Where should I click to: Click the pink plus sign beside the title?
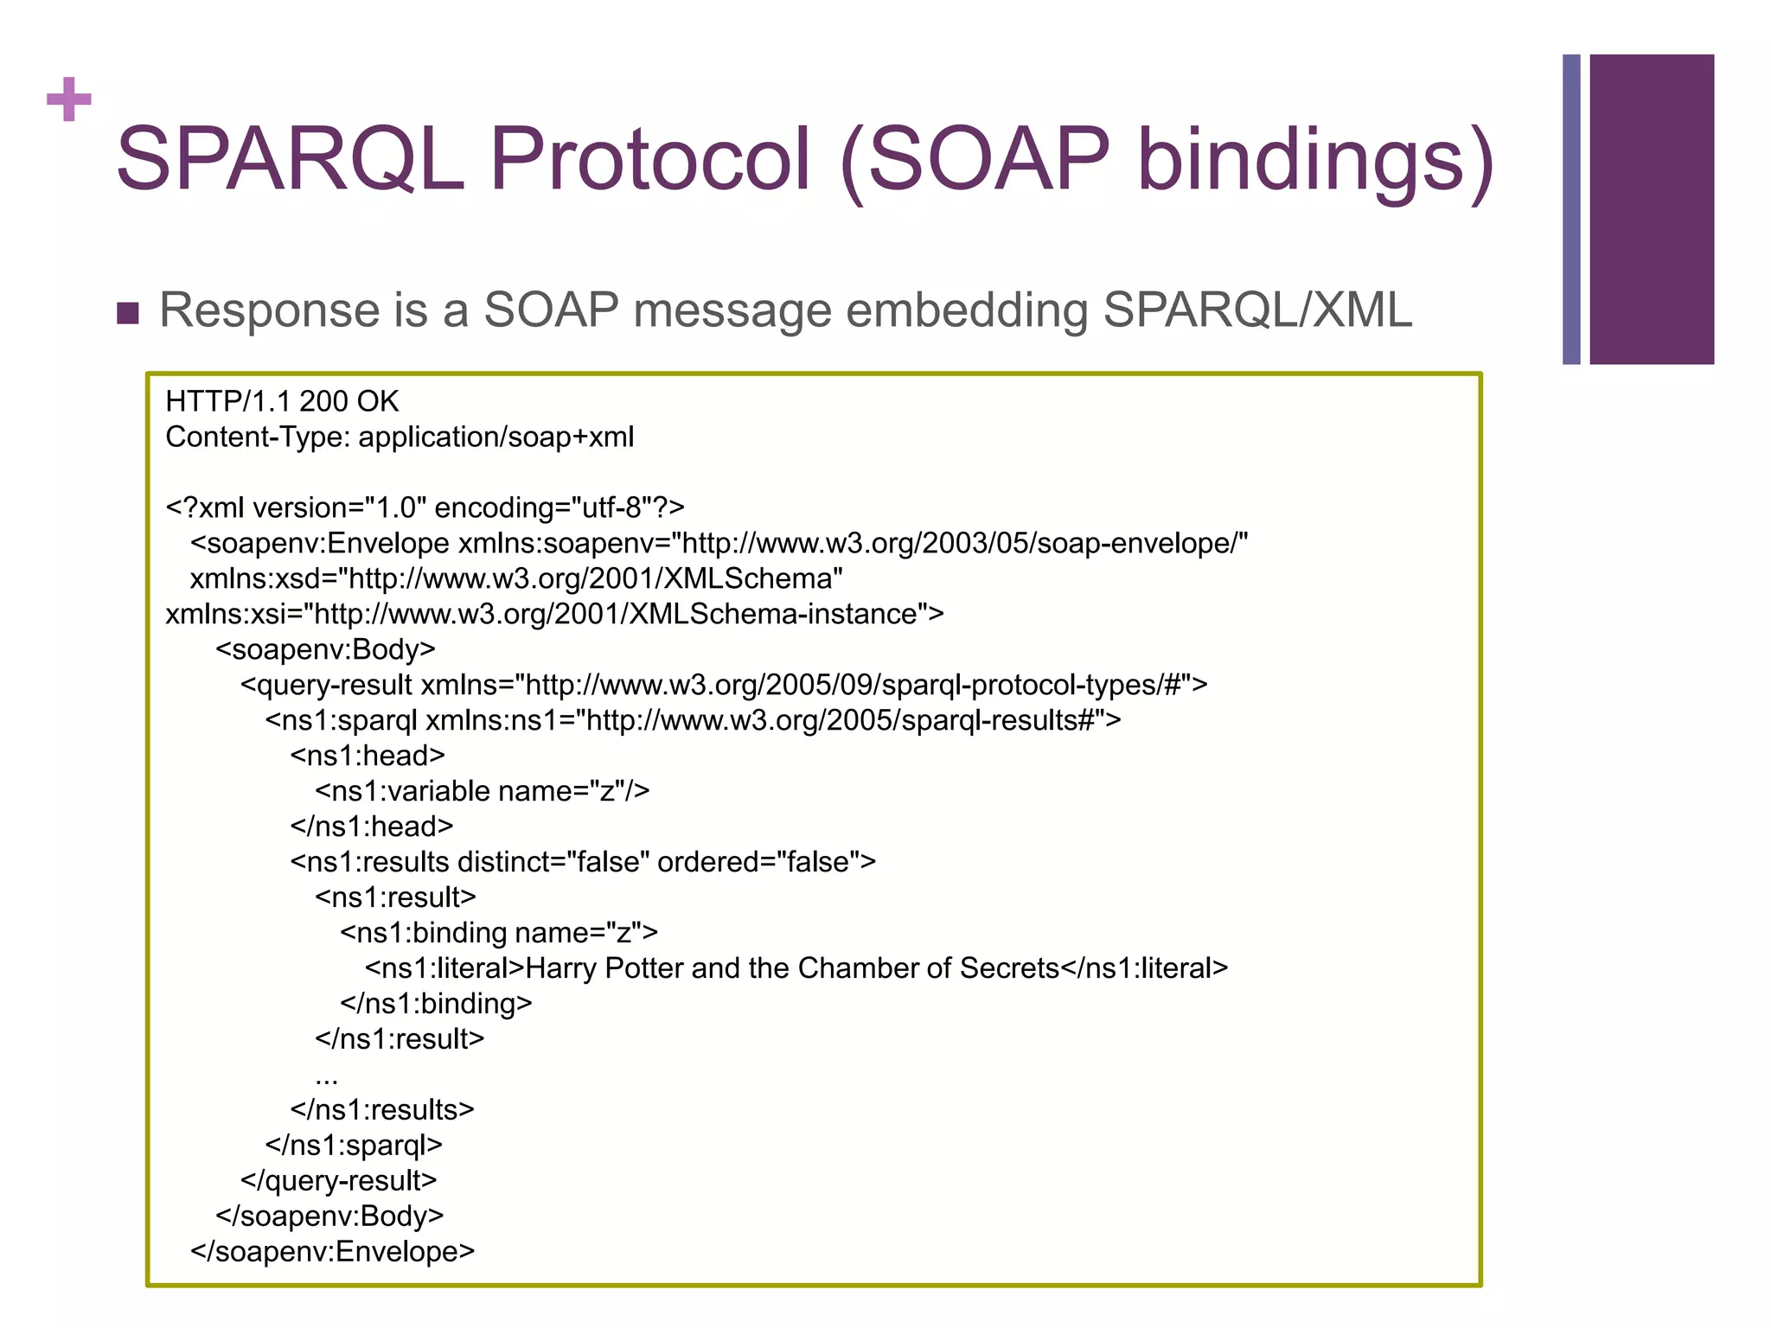pos(69,99)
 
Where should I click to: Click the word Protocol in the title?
pos(649,160)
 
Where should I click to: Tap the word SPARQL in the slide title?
pos(290,160)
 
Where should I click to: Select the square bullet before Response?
pos(128,313)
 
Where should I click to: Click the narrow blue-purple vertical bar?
pos(1571,209)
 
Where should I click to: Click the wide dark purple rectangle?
pos(1652,209)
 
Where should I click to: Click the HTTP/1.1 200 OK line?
pos(282,402)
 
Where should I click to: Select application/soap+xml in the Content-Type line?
pos(495,437)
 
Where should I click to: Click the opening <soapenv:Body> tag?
pos(325,649)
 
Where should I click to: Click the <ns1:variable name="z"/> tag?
pos(482,791)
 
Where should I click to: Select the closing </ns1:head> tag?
pos(371,827)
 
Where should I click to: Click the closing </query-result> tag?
pos(338,1181)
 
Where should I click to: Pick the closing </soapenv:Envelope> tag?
pos(332,1252)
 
